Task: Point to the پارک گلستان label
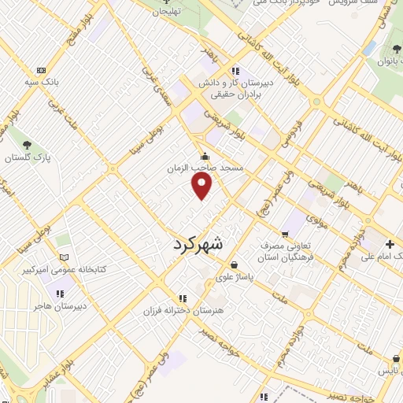click(x=28, y=157)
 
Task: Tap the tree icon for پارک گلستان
click(x=28, y=145)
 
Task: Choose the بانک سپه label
click(x=41, y=82)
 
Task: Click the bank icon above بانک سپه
click(x=41, y=70)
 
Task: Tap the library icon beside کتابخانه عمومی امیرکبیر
click(x=65, y=258)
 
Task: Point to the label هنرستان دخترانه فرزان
click(x=183, y=311)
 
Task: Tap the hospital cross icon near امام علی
click(x=390, y=243)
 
